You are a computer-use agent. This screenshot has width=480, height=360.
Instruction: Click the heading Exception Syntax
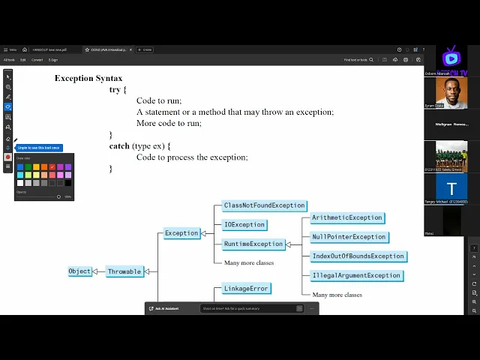click(88, 78)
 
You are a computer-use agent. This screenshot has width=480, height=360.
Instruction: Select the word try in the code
click(114, 89)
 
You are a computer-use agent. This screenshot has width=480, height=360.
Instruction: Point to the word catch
click(119, 145)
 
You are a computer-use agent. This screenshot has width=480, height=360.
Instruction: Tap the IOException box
click(244, 224)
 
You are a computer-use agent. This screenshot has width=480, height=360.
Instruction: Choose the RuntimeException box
click(253, 244)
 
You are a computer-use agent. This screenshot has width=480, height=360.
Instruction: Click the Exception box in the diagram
click(181, 233)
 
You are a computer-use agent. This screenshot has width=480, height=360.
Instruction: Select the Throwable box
click(124, 271)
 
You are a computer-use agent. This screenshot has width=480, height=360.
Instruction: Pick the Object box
click(79, 271)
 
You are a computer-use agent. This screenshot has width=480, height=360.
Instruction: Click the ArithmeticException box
click(347, 217)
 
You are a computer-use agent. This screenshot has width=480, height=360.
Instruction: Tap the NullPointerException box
click(349, 237)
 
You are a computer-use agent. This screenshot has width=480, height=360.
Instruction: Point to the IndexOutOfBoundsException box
click(358, 256)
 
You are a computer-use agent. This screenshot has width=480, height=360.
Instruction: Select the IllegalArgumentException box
click(356, 275)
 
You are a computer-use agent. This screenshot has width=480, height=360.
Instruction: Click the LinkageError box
click(246, 288)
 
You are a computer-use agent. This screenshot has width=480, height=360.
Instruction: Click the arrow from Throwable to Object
click(99, 271)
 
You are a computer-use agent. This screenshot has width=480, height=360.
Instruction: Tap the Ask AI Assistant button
click(170, 308)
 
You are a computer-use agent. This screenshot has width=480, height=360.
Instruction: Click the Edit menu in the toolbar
click(23, 60)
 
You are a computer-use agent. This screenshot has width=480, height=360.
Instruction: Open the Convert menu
click(37, 60)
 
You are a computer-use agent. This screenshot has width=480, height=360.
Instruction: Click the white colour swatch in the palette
click(20, 182)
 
